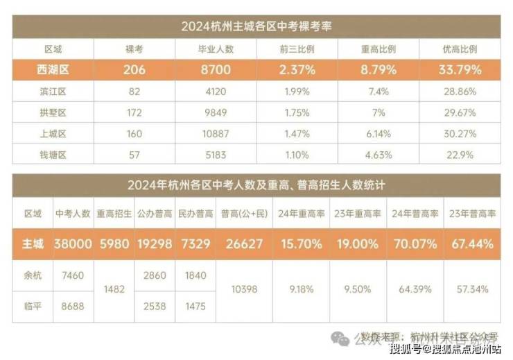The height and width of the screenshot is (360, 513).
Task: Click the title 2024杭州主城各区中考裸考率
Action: click(x=256, y=27)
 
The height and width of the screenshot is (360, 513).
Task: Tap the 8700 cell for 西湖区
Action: click(x=216, y=69)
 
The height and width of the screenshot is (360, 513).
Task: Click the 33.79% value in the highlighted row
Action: click(x=460, y=69)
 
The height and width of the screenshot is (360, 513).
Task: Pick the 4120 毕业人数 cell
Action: click(x=216, y=91)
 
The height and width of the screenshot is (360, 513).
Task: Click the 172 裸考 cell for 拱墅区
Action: click(x=134, y=112)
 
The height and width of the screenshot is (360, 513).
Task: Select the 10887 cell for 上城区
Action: click(x=216, y=132)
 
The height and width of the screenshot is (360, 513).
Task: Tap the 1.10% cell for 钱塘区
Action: click(x=297, y=153)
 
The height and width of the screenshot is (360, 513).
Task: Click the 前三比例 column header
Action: click(x=297, y=49)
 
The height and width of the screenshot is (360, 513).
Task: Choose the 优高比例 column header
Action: click(x=460, y=49)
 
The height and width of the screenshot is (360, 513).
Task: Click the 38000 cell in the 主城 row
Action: click(x=73, y=244)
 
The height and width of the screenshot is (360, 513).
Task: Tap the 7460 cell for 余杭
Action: click(x=73, y=275)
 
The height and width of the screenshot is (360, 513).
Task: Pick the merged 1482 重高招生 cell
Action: click(x=114, y=290)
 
